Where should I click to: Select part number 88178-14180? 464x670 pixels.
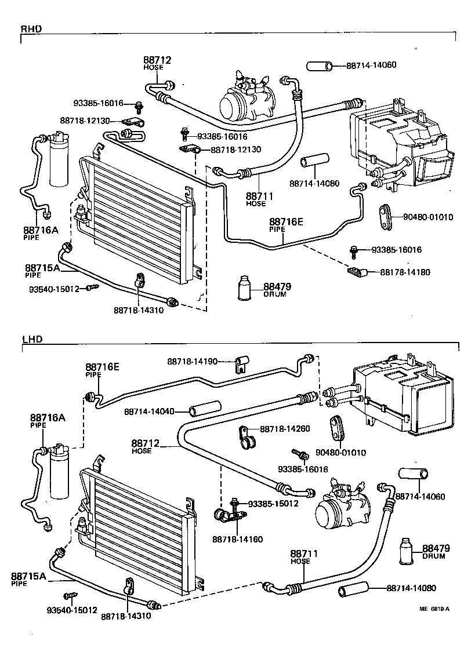coord(405,272)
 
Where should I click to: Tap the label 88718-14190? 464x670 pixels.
coord(193,362)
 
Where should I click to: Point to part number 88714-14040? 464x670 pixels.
coord(149,411)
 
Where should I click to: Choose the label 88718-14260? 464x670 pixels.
coord(285,429)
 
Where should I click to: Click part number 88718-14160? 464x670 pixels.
coord(237,539)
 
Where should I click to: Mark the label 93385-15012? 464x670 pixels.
coord(273,503)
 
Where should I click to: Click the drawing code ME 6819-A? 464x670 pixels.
coord(435,609)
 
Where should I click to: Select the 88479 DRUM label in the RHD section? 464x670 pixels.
coord(277,290)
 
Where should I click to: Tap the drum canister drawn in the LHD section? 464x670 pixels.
coord(408,551)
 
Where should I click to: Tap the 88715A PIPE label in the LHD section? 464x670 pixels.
coord(28,579)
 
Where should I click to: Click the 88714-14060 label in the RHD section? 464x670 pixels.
coord(371,65)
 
